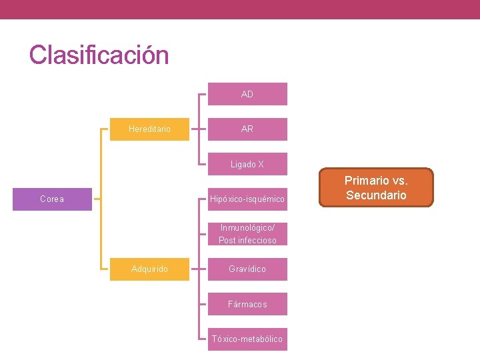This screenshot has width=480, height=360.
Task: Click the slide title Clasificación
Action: coord(99,55)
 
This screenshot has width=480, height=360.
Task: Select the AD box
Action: coord(247,94)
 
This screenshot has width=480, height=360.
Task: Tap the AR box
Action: coord(247,129)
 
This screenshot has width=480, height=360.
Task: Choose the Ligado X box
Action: coord(247,164)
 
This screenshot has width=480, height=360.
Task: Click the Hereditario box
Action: coord(149,129)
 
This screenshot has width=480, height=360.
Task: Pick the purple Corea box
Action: coord(52,199)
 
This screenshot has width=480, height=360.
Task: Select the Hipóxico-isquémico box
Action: coord(247,199)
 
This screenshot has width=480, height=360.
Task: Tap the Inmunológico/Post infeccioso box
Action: coord(247,234)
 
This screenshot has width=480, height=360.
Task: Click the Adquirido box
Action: coord(149,269)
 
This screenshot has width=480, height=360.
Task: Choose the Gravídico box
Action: coord(247,269)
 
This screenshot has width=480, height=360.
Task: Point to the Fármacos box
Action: coord(247,304)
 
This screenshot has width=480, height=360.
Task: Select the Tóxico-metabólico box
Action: coord(247,339)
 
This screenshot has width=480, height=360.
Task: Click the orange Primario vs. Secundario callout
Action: coord(376,187)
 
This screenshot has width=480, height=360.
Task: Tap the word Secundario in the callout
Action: coord(376,195)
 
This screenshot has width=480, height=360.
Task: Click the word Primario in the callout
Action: coord(366,180)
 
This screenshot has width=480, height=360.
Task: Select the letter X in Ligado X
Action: coord(261,164)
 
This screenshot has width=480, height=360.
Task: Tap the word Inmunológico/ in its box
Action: coord(247,227)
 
